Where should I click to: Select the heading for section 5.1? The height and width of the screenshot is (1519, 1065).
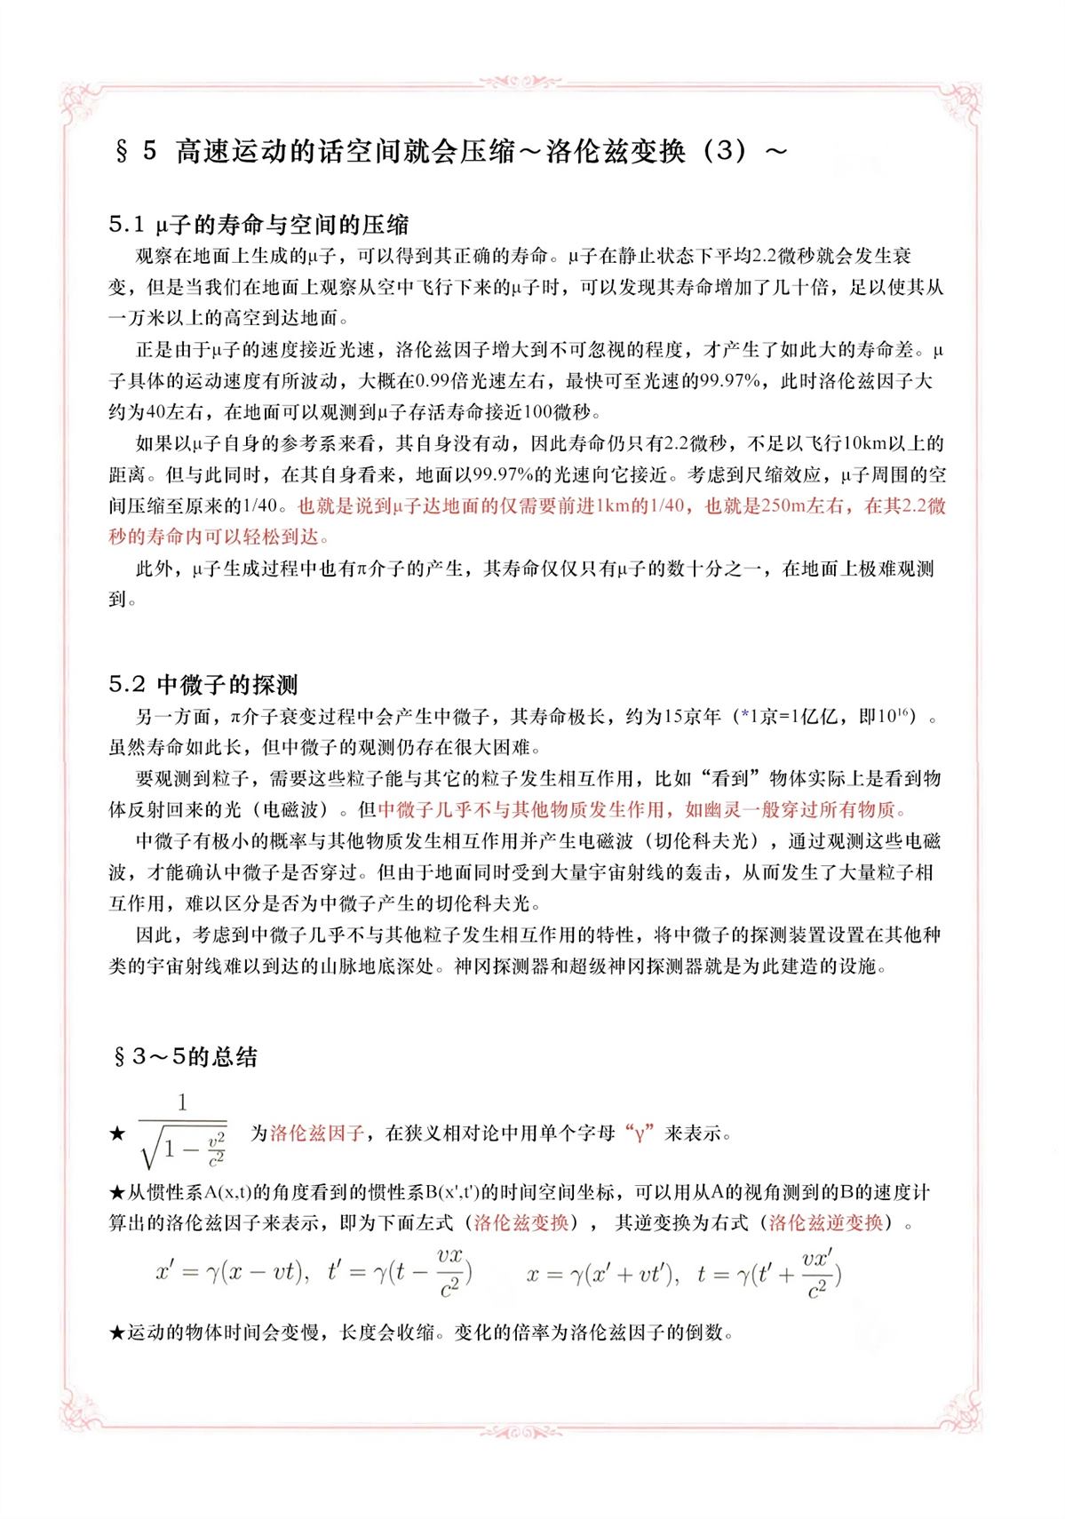pos(258,224)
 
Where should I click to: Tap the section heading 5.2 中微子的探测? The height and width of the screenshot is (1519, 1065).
pos(203,684)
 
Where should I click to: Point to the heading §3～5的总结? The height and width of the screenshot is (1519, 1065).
pos(185,1056)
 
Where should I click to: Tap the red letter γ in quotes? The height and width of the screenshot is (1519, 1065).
pos(639,1133)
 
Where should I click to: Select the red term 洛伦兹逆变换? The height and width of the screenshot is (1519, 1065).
pos(826,1222)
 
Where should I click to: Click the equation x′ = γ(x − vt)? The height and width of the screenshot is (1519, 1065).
pos(231,1272)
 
